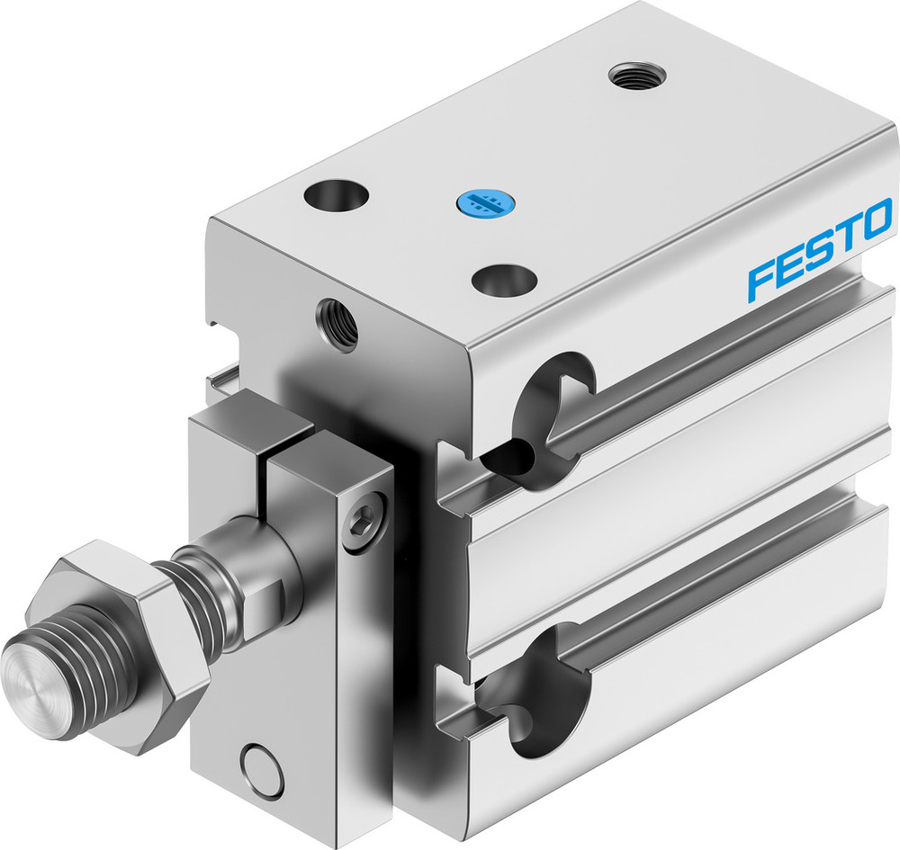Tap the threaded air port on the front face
click(337, 324)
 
